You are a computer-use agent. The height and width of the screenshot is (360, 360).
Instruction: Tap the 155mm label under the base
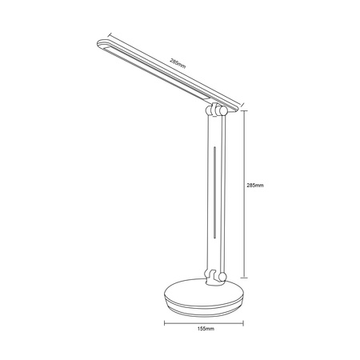(x=206, y=330)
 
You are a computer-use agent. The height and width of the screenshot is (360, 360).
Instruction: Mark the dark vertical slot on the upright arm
(x=214, y=192)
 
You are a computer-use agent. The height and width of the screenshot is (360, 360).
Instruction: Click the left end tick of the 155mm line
(x=165, y=322)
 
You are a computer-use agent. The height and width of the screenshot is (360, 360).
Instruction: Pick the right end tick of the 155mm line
(x=246, y=322)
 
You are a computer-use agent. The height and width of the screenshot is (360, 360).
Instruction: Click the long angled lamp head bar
(x=160, y=74)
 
